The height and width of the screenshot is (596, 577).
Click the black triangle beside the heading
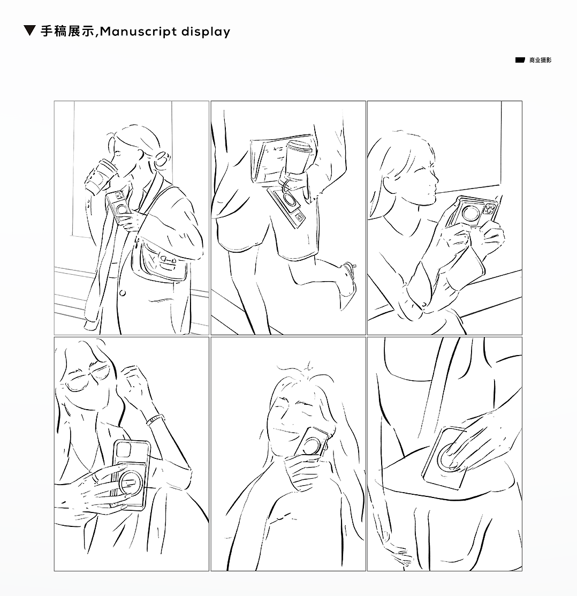tap(29, 31)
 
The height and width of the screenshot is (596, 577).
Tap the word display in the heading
tap(206, 32)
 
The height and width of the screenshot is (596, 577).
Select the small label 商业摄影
tap(540, 60)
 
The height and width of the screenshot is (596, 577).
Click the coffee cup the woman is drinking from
tap(99, 177)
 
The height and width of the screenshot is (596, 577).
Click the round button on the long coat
tap(123, 293)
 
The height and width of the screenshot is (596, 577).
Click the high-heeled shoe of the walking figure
tap(348, 284)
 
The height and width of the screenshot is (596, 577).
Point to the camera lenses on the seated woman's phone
tap(490, 209)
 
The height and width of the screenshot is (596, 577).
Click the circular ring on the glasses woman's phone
tap(130, 482)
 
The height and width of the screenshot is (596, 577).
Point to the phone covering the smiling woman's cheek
tap(311, 445)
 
